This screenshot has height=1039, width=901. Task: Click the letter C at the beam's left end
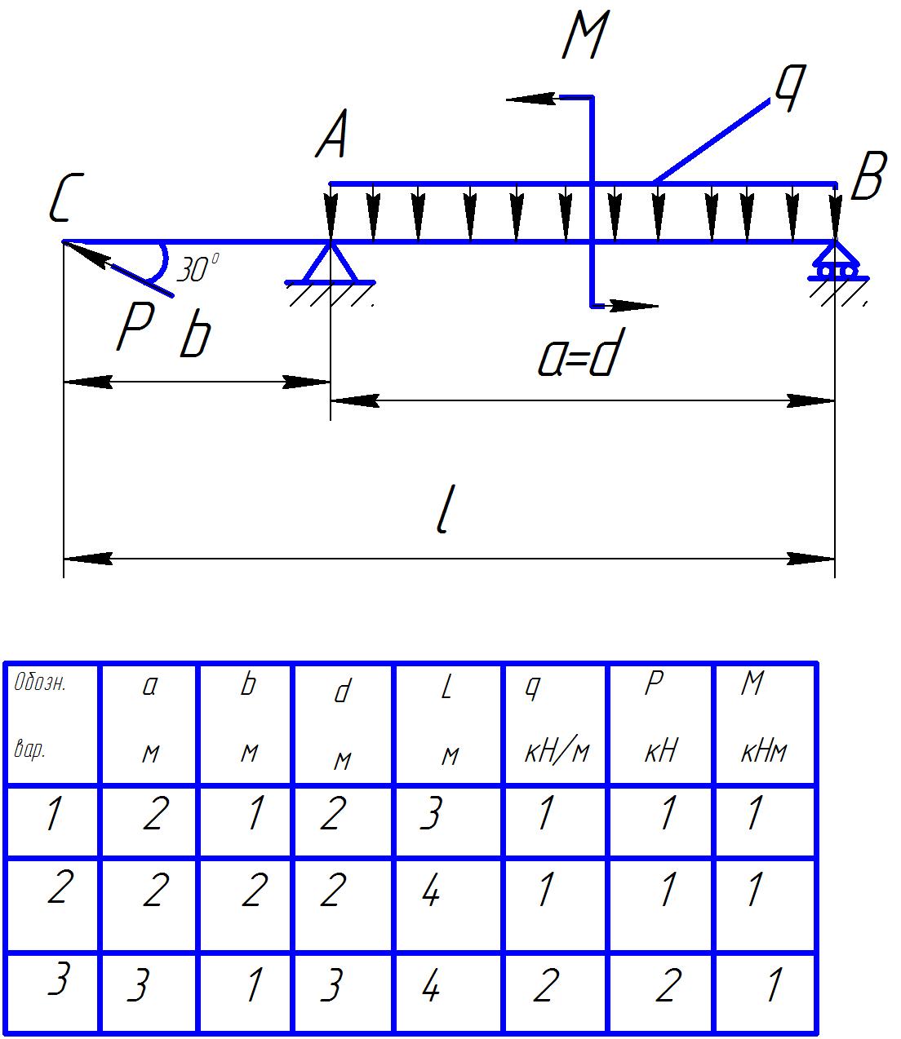[63, 201]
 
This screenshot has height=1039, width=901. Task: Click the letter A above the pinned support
[332, 135]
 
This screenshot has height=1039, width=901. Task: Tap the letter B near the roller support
[867, 178]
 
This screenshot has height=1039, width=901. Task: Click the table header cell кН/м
[556, 751]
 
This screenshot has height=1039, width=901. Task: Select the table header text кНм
[763, 751]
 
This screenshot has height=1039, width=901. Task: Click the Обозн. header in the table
[40, 683]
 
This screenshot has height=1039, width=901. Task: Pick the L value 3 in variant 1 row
[430, 814]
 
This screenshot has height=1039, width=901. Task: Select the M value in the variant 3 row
[771, 985]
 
